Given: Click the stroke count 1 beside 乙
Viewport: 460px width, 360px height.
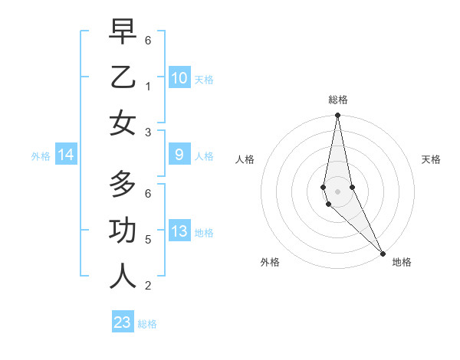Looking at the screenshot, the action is [148, 87].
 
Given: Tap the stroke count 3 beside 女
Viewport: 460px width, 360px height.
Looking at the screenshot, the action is [148, 133].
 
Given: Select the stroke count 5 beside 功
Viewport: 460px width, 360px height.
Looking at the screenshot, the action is [148, 240].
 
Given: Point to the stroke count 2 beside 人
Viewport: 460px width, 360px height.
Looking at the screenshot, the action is [148, 286].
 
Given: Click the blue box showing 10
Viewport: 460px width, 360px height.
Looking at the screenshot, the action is [179, 78].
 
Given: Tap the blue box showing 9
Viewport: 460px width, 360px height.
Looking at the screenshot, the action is [179, 155].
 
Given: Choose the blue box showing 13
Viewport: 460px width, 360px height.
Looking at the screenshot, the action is [179, 232].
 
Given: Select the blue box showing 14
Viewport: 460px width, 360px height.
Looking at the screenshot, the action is [66, 155].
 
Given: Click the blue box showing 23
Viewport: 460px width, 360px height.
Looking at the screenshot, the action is [123, 322].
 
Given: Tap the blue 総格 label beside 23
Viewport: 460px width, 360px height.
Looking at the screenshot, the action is [147, 324].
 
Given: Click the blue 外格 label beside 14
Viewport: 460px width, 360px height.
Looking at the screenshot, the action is [41, 156].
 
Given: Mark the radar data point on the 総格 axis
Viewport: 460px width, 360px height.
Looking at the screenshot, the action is [337, 116].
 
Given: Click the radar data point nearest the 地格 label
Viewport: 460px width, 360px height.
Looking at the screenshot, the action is [382, 253].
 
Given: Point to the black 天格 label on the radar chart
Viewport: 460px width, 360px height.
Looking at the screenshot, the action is [431, 159].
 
